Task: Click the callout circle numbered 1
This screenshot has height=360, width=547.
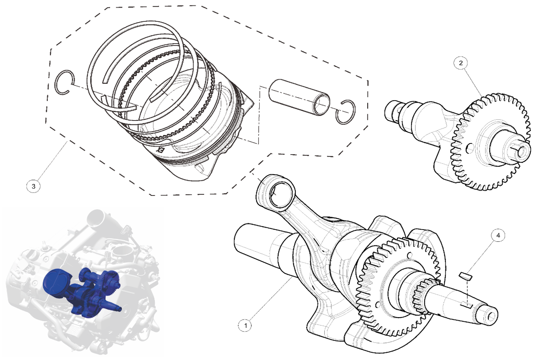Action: click(245, 325)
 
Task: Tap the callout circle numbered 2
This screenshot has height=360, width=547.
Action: click(461, 63)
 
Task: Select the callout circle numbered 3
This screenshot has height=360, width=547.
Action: click(34, 186)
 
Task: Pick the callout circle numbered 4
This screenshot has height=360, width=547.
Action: click(498, 235)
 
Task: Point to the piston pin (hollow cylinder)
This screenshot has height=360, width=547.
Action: click(299, 97)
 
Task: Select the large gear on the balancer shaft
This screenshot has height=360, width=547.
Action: click(491, 142)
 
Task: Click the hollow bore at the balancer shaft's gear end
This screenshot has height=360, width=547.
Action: click(523, 152)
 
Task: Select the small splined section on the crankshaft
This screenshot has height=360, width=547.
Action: click(422, 295)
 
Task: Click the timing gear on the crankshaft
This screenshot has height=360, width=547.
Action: click(399, 286)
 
